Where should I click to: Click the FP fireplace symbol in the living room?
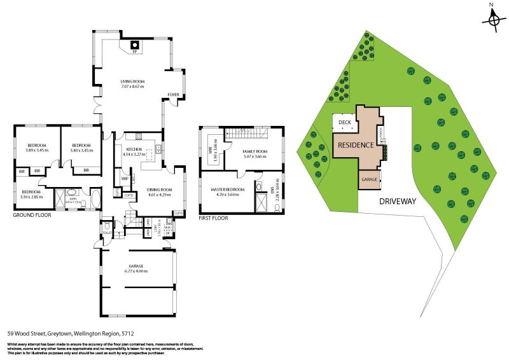click(134, 45)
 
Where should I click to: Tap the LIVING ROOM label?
click(134, 81)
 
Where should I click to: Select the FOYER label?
click(173, 95)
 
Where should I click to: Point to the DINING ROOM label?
click(160, 190)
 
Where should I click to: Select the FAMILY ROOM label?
click(255, 151)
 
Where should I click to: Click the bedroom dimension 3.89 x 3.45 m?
click(38, 150)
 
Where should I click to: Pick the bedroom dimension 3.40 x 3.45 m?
click(81, 150)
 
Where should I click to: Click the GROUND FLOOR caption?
click(32, 215)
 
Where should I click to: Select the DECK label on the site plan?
click(345, 123)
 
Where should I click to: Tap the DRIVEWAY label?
click(398, 201)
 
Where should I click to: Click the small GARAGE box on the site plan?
click(370, 180)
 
